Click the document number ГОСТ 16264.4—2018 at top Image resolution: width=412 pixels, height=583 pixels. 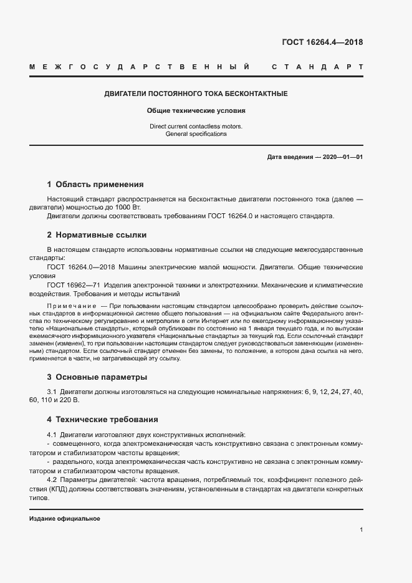(322, 42)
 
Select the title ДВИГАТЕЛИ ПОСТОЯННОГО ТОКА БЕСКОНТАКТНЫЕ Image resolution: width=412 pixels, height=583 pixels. (195, 94)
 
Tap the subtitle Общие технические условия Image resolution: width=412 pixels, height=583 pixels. (196, 110)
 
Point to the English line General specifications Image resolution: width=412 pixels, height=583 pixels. (196, 133)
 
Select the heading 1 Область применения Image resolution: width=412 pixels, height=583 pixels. (95, 185)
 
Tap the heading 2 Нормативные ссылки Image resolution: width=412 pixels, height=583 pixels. (97, 235)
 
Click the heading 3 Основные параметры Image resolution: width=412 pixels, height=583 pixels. (97, 377)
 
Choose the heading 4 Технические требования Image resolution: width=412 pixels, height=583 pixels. (102, 420)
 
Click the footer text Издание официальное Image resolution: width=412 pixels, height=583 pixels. (65, 519)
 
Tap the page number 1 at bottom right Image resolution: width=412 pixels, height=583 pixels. (362, 530)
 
